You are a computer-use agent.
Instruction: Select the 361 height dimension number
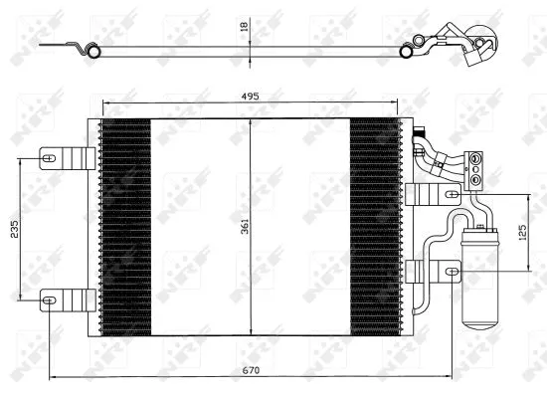(x=244, y=227)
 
